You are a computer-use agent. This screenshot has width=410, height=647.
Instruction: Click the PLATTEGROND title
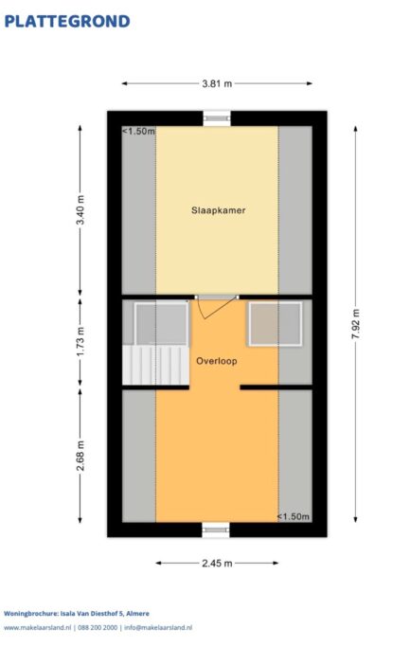click(67, 22)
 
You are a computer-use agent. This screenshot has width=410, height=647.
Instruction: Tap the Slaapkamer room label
click(218, 210)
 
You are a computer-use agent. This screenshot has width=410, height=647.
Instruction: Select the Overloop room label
click(217, 361)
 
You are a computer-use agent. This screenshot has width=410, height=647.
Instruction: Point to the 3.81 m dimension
click(217, 83)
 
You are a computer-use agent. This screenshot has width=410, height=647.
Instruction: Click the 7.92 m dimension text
click(355, 324)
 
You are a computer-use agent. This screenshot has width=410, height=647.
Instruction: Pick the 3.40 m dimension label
click(80, 209)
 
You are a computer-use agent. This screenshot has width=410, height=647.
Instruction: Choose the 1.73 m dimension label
click(80, 342)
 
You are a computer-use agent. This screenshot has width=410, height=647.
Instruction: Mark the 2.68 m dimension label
click(80, 456)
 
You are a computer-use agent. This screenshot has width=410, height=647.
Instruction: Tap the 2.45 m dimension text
click(217, 564)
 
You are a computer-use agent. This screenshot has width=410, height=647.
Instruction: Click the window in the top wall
click(217, 118)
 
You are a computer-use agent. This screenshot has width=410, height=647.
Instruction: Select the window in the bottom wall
click(216, 530)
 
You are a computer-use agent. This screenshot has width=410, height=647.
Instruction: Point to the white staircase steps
click(156, 366)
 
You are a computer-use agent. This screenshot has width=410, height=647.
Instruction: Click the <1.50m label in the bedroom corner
click(138, 132)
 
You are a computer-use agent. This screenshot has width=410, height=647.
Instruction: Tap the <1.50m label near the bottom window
click(293, 516)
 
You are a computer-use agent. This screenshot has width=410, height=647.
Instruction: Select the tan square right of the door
click(276, 324)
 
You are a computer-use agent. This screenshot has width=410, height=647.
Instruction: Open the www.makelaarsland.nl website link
click(38, 628)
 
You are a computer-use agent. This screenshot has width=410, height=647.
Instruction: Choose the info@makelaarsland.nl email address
click(158, 628)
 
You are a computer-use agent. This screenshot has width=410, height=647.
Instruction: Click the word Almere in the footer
click(137, 614)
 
